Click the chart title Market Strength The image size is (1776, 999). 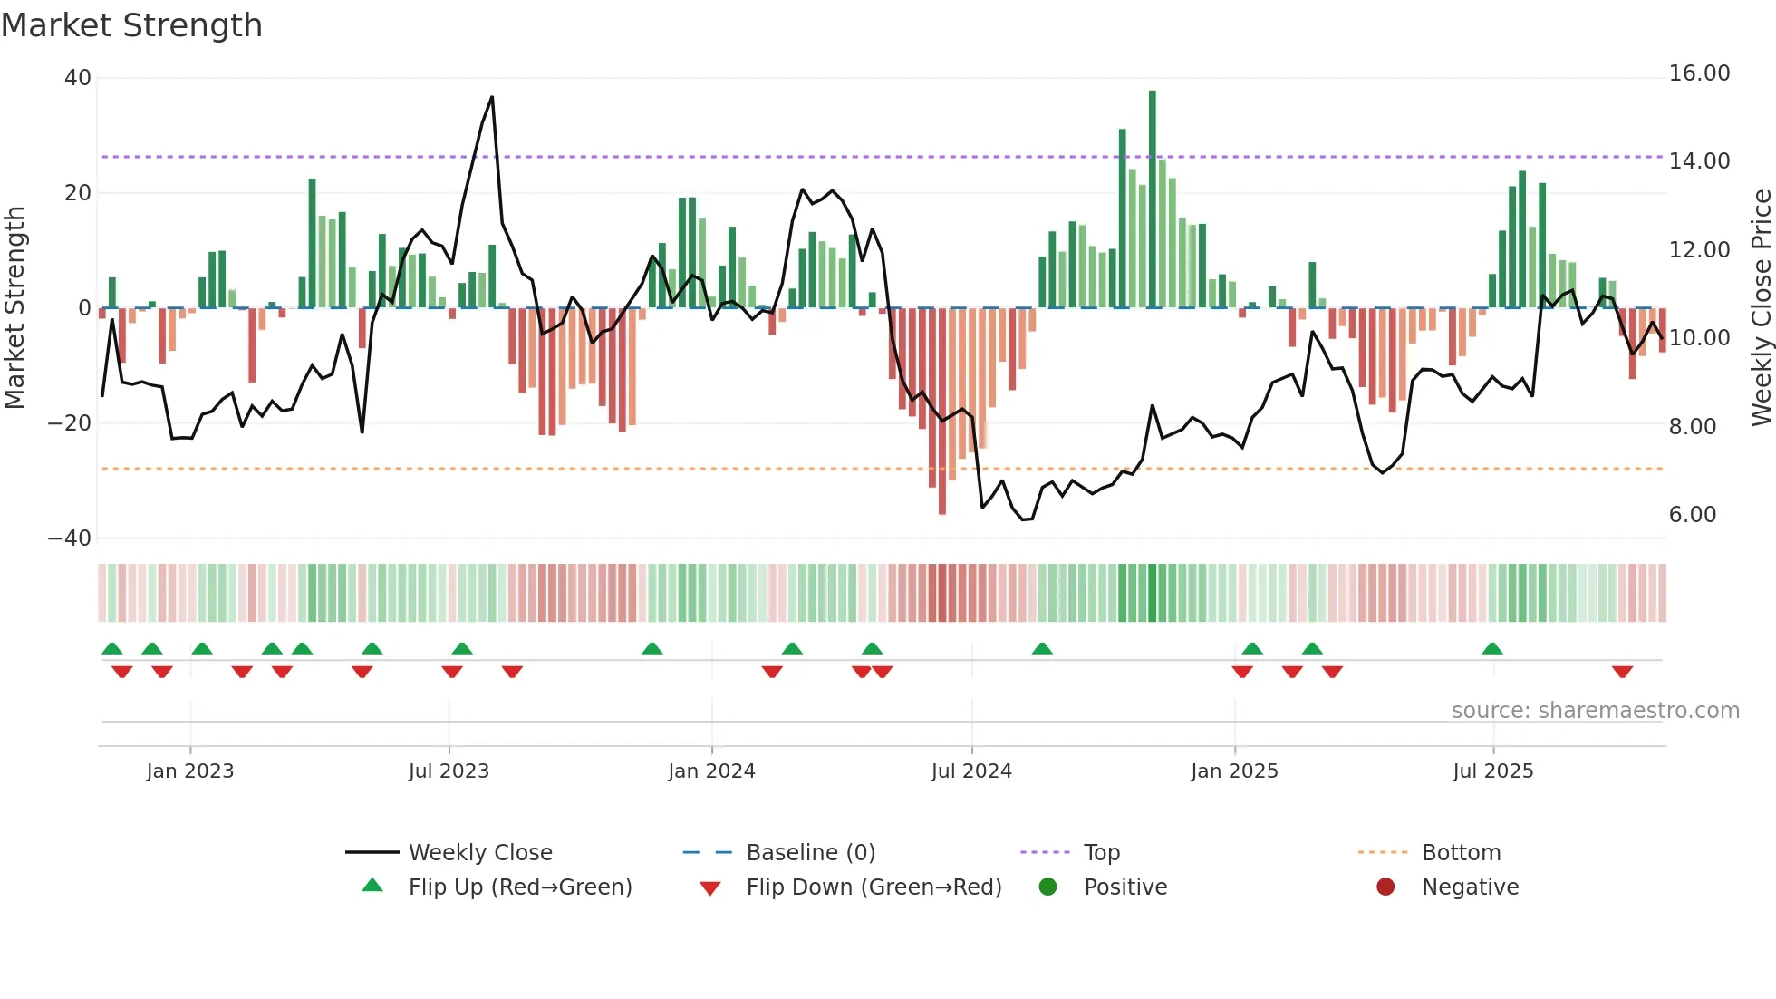(x=131, y=25)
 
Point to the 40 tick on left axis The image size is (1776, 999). (x=78, y=78)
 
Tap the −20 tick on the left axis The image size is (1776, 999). (x=70, y=423)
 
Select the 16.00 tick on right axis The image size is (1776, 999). (x=1699, y=73)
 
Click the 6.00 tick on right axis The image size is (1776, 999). (x=1692, y=515)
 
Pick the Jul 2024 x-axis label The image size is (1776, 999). (x=971, y=771)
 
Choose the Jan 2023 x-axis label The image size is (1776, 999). (x=189, y=771)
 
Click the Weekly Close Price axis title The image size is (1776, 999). (x=1761, y=307)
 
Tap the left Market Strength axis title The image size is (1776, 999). (x=14, y=307)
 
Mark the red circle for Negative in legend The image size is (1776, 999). (x=1385, y=887)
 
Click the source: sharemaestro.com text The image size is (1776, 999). (x=1595, y=711)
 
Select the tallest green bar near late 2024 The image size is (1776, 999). (x=1153, y=199)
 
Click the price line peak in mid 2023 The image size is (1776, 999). (x=492, y=97)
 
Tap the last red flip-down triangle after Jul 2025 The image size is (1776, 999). (x=1622, y=672)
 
